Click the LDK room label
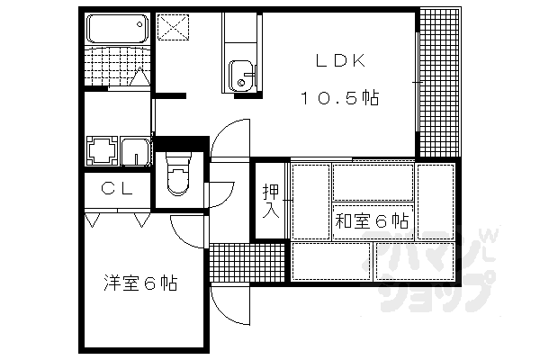click(x=340, y=61)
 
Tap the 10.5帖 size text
click(x=340, y=98)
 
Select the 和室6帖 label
click(x=372, y=220)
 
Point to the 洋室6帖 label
click(x=140, y=283)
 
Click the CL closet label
click(x=117, y=188)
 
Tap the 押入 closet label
click(x=271, y=202)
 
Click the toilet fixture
click(x=178, y=174)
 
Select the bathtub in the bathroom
click(x=117, y=29)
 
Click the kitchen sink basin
click(x=240, y=76)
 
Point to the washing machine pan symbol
click(x=103, y=150)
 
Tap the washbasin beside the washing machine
click(x=135, y=151)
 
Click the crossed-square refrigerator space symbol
click(x=173, y=27)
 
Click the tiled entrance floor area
click(x=247, y=263)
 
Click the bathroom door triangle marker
click(x=140, y=76)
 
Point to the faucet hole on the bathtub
click(x=139, y=24)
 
